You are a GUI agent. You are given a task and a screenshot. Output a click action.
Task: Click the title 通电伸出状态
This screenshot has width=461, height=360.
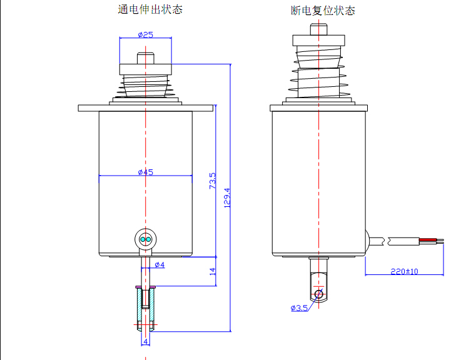pyautogui.click(x=150, y=10)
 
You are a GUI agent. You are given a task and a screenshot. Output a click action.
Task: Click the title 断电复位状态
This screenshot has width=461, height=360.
pyautogui.click(x=323, y=11)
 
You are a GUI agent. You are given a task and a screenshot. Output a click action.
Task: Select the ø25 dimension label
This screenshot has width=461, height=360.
pyautogui.click(x=145, y=34)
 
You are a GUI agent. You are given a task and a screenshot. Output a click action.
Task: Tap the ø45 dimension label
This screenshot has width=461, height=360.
pyautogui.click(x=145, y=172)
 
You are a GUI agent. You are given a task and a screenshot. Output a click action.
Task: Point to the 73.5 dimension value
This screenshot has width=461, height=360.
pyautogui.click(x=212, y=181)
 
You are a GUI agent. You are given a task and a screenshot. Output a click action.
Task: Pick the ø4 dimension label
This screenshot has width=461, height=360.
pyautogui.click(x=160, y=265)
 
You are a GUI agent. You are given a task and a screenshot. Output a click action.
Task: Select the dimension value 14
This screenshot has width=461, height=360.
pyautogui.click(x=213, y=271)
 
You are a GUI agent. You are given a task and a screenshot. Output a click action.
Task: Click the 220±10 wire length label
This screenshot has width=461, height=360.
pyautogui.click(x=404, y=271)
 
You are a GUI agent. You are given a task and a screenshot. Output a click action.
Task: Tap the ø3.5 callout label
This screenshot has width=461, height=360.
pyautogui.click(x=299, y=307)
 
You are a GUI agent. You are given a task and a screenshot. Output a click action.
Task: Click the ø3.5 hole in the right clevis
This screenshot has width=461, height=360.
pyautogui.click(x=319, y=294)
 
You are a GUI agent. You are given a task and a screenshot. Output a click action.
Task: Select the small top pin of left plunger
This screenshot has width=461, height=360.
pyautogui.click(x=145, y=57)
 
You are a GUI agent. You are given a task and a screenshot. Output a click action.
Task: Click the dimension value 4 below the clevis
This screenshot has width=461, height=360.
pyautogui.click(x=146, y=342)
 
